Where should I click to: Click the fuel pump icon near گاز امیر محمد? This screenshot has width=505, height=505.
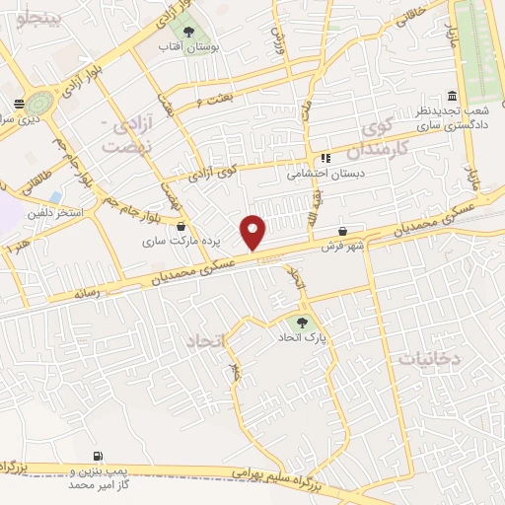coord(98,457)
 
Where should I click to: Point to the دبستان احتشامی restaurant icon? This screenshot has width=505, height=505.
coord(325,158)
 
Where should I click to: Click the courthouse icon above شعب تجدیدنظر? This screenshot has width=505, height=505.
coord(452,96)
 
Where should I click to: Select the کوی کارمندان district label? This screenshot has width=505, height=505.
coord(383,137)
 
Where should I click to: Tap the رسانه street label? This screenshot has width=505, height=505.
coord(84,293)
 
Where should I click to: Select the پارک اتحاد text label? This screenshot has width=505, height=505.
coord(302,337)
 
